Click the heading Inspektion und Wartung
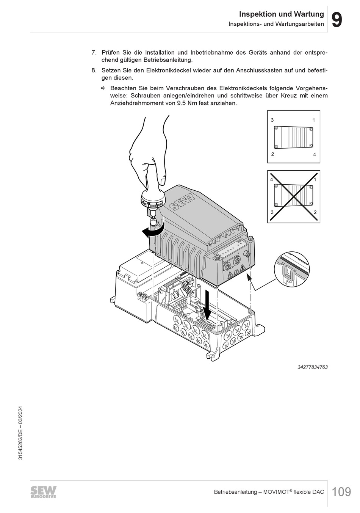tap(281, 14)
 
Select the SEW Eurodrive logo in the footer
tap(43, 492)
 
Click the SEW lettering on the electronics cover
tap(182, 201)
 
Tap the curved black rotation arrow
tap(153, 231)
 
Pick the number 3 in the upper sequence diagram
tap(272, 120)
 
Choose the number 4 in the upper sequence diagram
tap(314, 155)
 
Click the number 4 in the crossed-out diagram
tap(271, 179)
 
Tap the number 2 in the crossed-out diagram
tap(315, 213)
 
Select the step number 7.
tap(94, 53)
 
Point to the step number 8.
tap(94, 71)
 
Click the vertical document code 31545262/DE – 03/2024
tap(20, 433)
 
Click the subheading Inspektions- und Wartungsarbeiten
tap(276, 24)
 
